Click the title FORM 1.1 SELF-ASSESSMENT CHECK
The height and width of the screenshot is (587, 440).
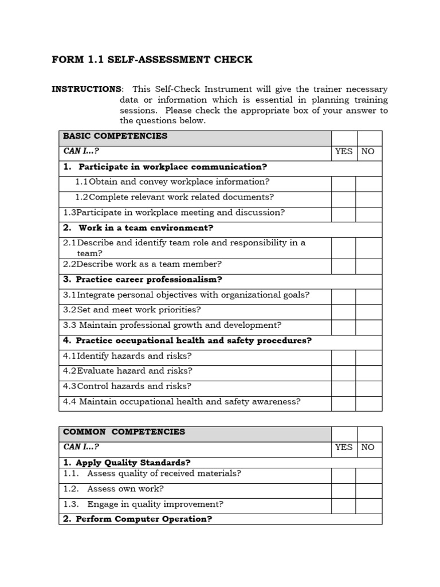tap(152, 60)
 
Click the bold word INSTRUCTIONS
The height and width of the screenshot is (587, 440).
tap(87, 89)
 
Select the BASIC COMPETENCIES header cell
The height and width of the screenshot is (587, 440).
tap(195, 136)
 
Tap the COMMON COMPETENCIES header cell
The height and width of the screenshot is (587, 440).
tap(195, 432)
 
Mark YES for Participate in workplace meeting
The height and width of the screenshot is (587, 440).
tap(343, 214)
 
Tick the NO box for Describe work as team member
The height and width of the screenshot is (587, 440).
tap(368, 265)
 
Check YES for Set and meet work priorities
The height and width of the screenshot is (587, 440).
tap(343, 311)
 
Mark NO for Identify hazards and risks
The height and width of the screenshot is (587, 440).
tap(368, 357)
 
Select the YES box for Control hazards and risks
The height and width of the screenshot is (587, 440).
tap(343, 388)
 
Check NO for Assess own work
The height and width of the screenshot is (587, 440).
tap(368, 491)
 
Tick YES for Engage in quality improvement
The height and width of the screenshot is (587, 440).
tap(343, 506)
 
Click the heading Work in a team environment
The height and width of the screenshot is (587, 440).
tap(138, 228)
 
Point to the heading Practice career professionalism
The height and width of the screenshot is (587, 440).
tap(143, 280)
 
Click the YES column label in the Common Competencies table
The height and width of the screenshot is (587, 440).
tap(344, 447)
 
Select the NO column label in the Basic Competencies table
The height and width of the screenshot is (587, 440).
tap(368, 151)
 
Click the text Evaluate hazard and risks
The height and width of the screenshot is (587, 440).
tap(128, 371)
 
